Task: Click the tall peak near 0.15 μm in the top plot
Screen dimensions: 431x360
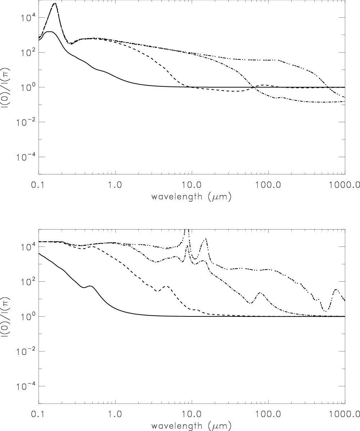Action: click(54, 4)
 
